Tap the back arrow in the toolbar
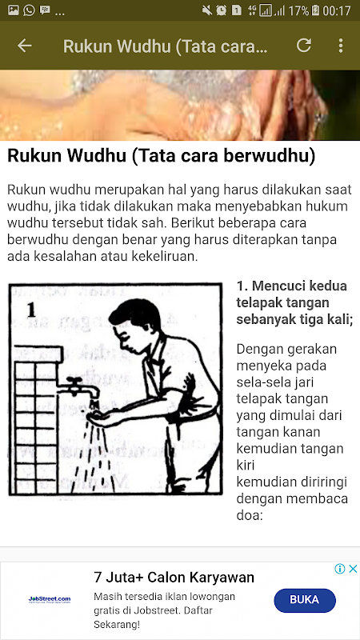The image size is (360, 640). [x=25, y=46]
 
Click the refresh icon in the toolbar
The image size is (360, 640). [x=304, y=46]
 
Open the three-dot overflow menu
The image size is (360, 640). [x=341, y=46]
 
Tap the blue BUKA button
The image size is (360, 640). [x=305, y=601]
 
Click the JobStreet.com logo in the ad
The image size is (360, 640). [x=50, y=599]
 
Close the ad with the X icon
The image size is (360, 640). [x=353, y=569]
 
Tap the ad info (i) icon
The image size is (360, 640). [x=340, y=569]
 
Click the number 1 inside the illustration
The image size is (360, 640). [x=31, y=310]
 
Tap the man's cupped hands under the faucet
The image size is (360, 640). [x=98, y=416]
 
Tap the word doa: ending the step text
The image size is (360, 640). [x=249, y=515]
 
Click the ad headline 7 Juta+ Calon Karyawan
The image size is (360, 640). [x=174, y=578]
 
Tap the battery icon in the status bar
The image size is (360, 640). [x=315, y=10]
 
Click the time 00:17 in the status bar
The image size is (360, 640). [x=337, y=10]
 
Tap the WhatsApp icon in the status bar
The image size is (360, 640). [x=29, y=10]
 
